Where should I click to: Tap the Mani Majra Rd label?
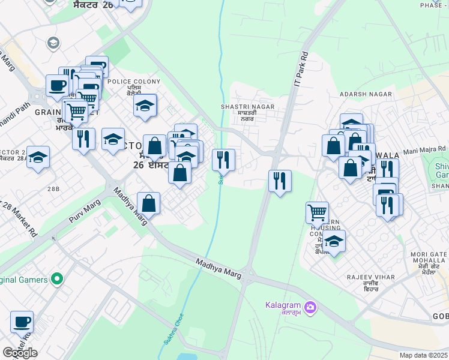(x=424, y=149)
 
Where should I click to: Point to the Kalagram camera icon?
(x=310, y=308)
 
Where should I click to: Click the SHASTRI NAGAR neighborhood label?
(x=247, y=106)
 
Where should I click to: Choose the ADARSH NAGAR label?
(x=366, y=95)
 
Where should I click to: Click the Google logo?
(x=20, y=352)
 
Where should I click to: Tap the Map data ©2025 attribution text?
(x=424, y=355)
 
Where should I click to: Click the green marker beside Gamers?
(x=57, y=279)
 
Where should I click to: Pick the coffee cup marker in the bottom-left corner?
(x=22, y=322)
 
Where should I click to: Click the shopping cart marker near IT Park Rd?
(x=317, y=211)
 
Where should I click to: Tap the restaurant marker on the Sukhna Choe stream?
(x=223, y=159)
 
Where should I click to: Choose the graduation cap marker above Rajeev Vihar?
(x=334, y=241)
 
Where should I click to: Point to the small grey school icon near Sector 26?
(x=53, y=43)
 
